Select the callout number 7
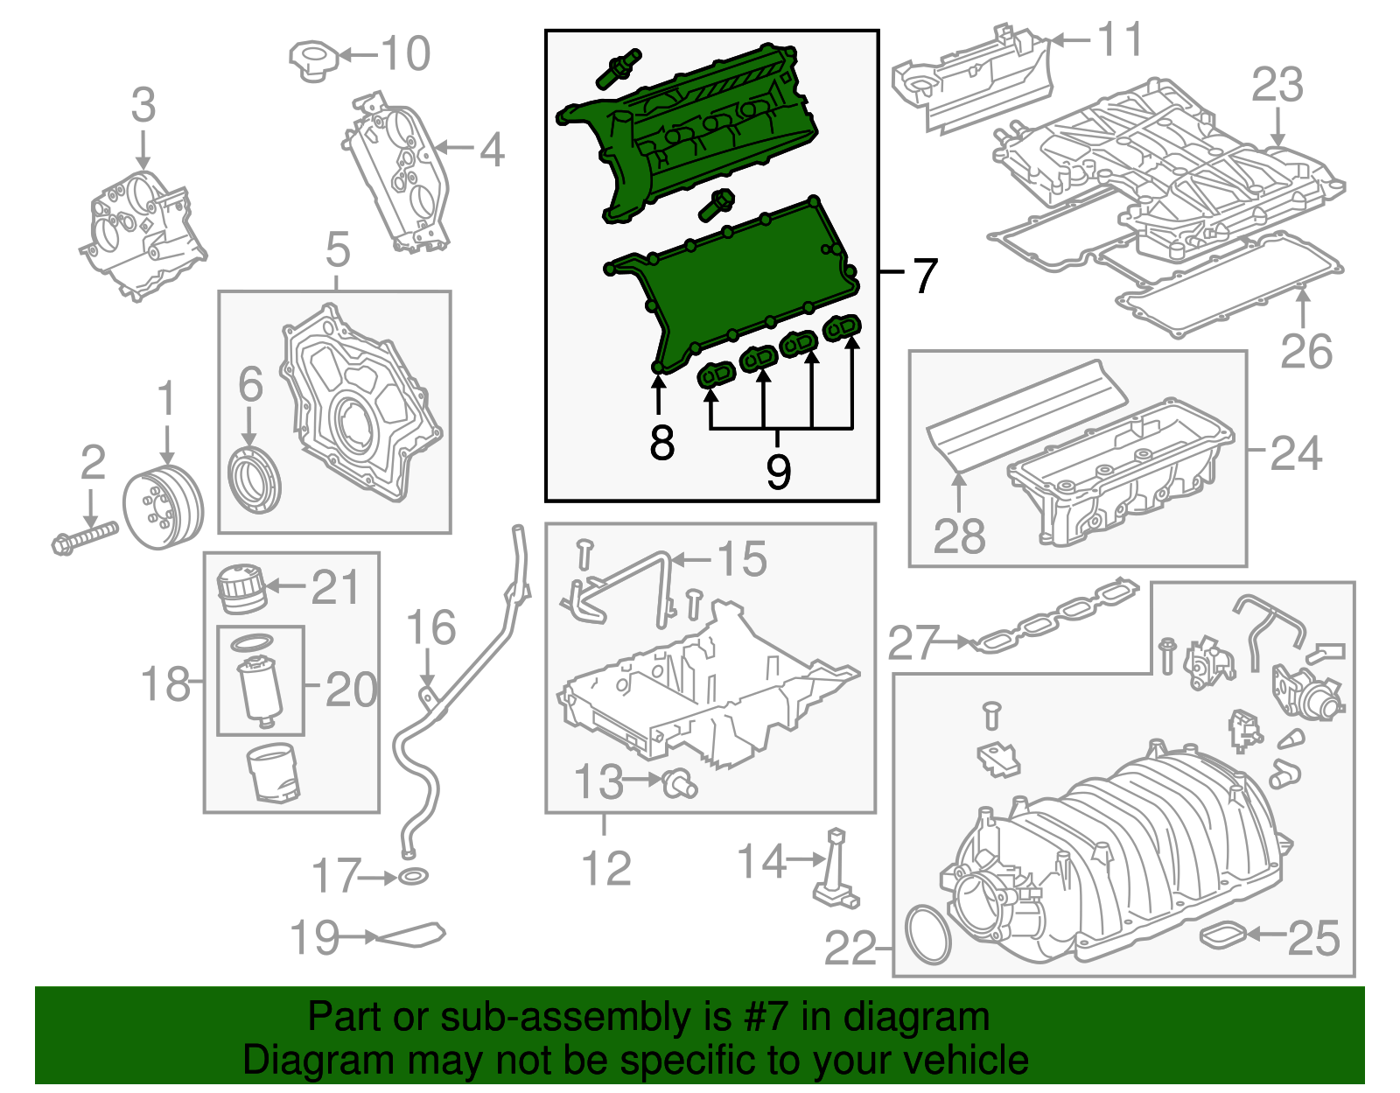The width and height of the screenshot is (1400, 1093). pos(925,276)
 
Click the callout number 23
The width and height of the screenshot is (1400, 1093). pos(1277,85)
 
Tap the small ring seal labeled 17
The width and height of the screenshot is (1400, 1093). pos(413,876)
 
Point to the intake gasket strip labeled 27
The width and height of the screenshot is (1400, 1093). pos(1054,616)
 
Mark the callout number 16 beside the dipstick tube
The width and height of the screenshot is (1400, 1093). pos(431,627)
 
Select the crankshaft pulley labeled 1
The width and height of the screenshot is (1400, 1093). pos(163,508)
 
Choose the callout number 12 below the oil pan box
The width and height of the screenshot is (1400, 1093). pos(606,868)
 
